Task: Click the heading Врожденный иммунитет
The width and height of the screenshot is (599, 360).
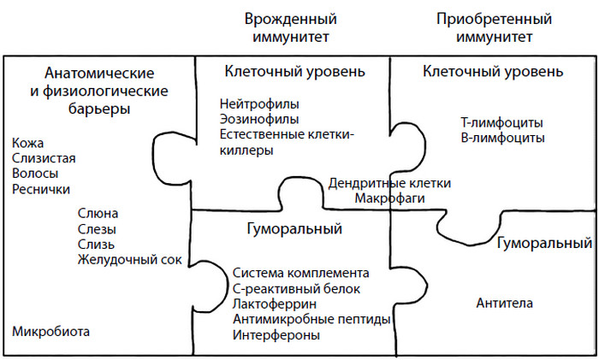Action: point(291,28)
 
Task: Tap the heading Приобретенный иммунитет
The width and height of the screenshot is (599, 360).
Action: point(494,28)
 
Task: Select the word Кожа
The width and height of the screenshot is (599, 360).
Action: point(28,143)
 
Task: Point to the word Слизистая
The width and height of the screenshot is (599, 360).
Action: point(44,158)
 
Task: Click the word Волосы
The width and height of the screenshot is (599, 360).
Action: point(35,174)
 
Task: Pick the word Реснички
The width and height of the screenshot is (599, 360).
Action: point(41,189)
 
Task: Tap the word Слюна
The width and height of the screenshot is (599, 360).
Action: point(98,214)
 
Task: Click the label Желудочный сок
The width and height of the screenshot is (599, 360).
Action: point(130,260)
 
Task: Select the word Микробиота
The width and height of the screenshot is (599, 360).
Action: point(50,332)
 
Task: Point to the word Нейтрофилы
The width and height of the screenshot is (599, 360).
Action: point(259,103)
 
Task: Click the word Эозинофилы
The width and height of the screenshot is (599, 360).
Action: point(259,120)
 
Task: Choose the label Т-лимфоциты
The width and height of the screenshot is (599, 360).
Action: point(502,123)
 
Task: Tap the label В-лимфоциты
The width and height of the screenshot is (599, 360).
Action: point(503,139)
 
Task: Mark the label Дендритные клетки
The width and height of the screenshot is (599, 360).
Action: point(389,184)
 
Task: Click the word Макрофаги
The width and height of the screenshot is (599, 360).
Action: point(389,198)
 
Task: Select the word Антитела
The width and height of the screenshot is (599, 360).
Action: point(504,304)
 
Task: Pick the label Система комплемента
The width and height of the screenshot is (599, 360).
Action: point(301,274)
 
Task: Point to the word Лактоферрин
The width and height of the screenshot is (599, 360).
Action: point(275,304)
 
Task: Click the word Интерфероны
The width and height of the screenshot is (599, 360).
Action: point(276,335)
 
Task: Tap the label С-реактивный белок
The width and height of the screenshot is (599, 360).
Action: point(296,289)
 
